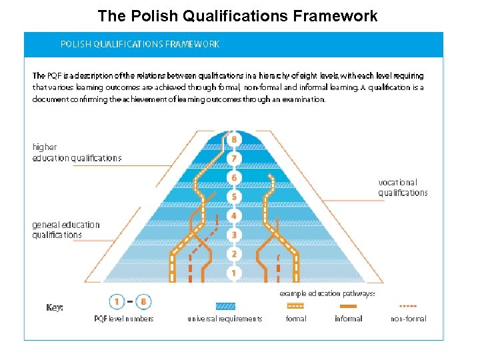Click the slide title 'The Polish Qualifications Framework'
(x=237, y=15)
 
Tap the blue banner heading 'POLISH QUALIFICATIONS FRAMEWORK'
(x=140, y=44)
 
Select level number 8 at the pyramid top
(x=233, y=139)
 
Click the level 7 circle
(x=233, y=159)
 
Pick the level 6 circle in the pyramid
(x=233, y=178)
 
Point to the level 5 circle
(x=233, y=197)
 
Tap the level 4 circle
(x=233, y=216)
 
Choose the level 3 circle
(x=233, y=235)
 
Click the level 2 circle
(x=233, y=254)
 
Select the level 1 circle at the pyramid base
(x=233, y=273)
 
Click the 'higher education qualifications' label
(x=77, y=153)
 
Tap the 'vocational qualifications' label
(x=403, y=187)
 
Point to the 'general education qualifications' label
(x=66, y=229)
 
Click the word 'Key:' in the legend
(x=55, y=308)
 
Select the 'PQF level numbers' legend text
(x=124, y=319)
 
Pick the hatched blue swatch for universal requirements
(x=225, y=306)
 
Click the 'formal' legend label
(x=296, y=319)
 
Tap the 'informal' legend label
(x=348, y=319)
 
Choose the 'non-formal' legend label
(x=408, y=319)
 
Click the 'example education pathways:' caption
(x=327, y=293)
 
